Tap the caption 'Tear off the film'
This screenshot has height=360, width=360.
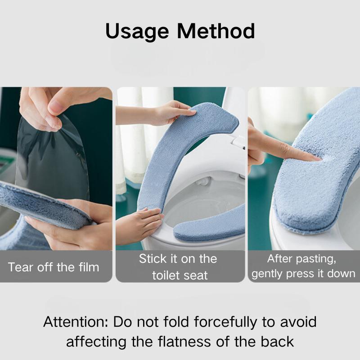pyautogui.click(x=54, y=267)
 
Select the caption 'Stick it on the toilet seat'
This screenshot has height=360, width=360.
pyautogui.click(x=178, y=267)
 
